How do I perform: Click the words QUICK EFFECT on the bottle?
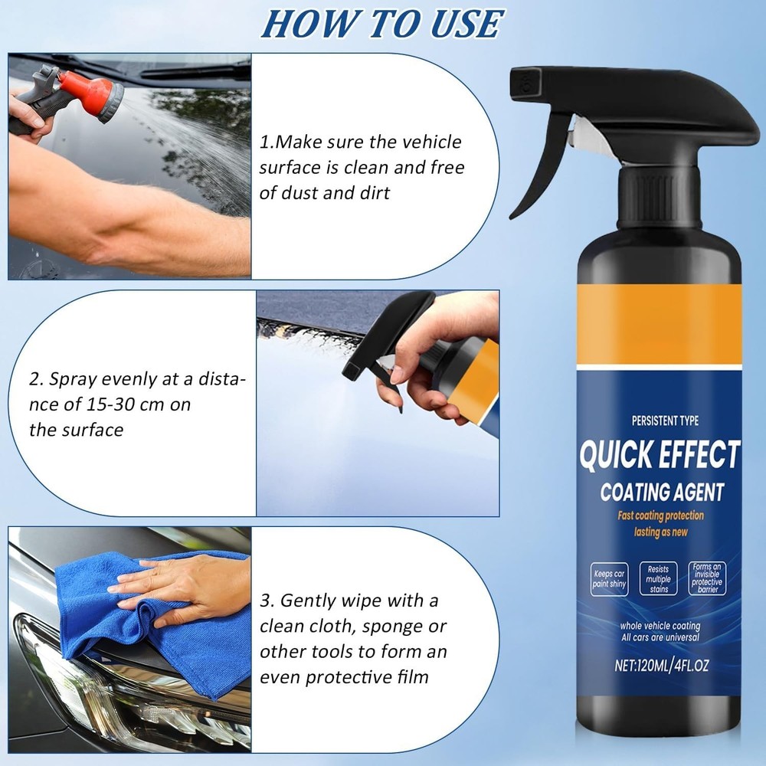659,454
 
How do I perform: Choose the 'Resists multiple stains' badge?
659,579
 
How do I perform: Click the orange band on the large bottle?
659,322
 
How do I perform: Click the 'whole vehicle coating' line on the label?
660,626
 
